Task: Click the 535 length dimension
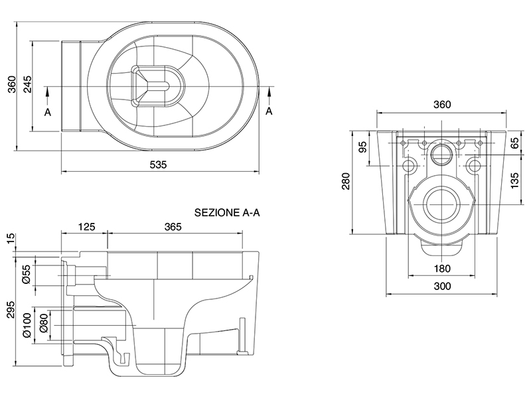[158, 165]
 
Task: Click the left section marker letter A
[47, 112]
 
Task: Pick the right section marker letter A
[269, 111]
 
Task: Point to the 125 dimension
[86, 226]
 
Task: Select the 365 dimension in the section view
[172, 226]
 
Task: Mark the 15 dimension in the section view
[9, 239]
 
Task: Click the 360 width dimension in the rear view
[441, 105]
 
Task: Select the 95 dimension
[362, 147]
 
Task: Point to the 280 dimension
[345, 181]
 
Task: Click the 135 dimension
[515, 179]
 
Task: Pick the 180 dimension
[442, 269]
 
